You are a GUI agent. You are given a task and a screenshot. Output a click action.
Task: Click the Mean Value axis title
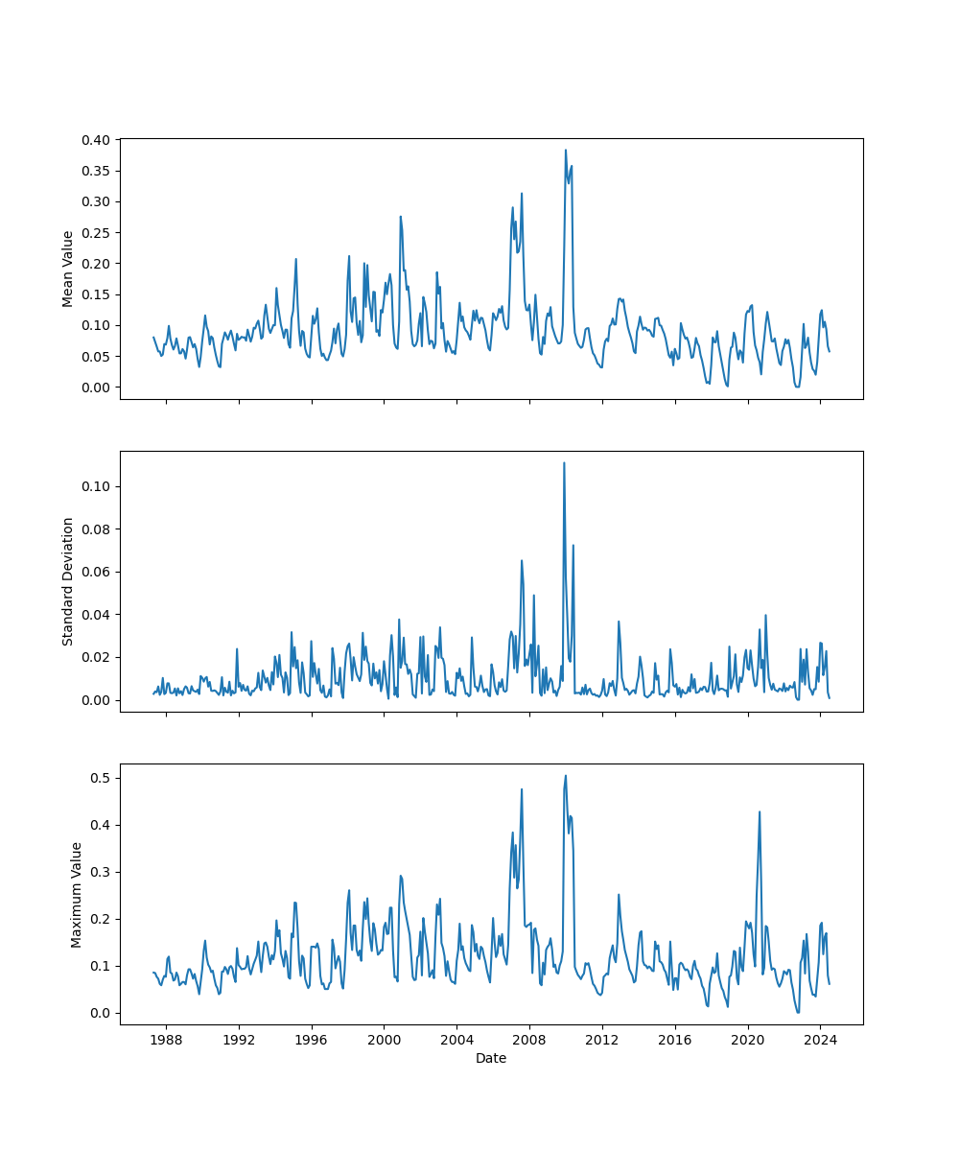click(68, 269)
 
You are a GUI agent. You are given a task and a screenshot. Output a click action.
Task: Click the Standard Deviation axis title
click(68, 581)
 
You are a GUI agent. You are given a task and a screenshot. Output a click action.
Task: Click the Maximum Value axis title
click(76, 894)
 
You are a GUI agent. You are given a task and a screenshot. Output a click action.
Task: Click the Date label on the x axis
click(491, 1058)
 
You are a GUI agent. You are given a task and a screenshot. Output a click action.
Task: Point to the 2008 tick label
click(529, 1040)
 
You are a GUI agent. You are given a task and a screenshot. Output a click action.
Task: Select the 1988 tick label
click(166, 1040)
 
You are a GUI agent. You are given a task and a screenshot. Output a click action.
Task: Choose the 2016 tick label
click(675, 1040)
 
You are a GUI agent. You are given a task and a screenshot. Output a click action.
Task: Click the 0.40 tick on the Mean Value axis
click(97, 139)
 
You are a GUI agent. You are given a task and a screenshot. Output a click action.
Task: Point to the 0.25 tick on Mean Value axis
click(97, 232)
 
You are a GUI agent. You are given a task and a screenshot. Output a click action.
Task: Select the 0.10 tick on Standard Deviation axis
click(97, 486)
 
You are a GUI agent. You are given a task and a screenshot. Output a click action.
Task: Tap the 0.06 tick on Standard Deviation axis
click(97, 572)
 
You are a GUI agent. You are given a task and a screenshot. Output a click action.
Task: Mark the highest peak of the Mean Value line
click(566, 150)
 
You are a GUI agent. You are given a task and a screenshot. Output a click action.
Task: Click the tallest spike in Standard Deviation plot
click(564, 462)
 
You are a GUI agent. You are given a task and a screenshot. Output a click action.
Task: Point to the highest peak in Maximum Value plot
click(566, 775)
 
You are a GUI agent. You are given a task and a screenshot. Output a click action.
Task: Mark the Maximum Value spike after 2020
click(760, 811)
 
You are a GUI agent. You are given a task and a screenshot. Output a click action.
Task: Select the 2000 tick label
click(384, 1040)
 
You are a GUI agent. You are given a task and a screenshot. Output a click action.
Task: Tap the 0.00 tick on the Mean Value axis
click(97, 388)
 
